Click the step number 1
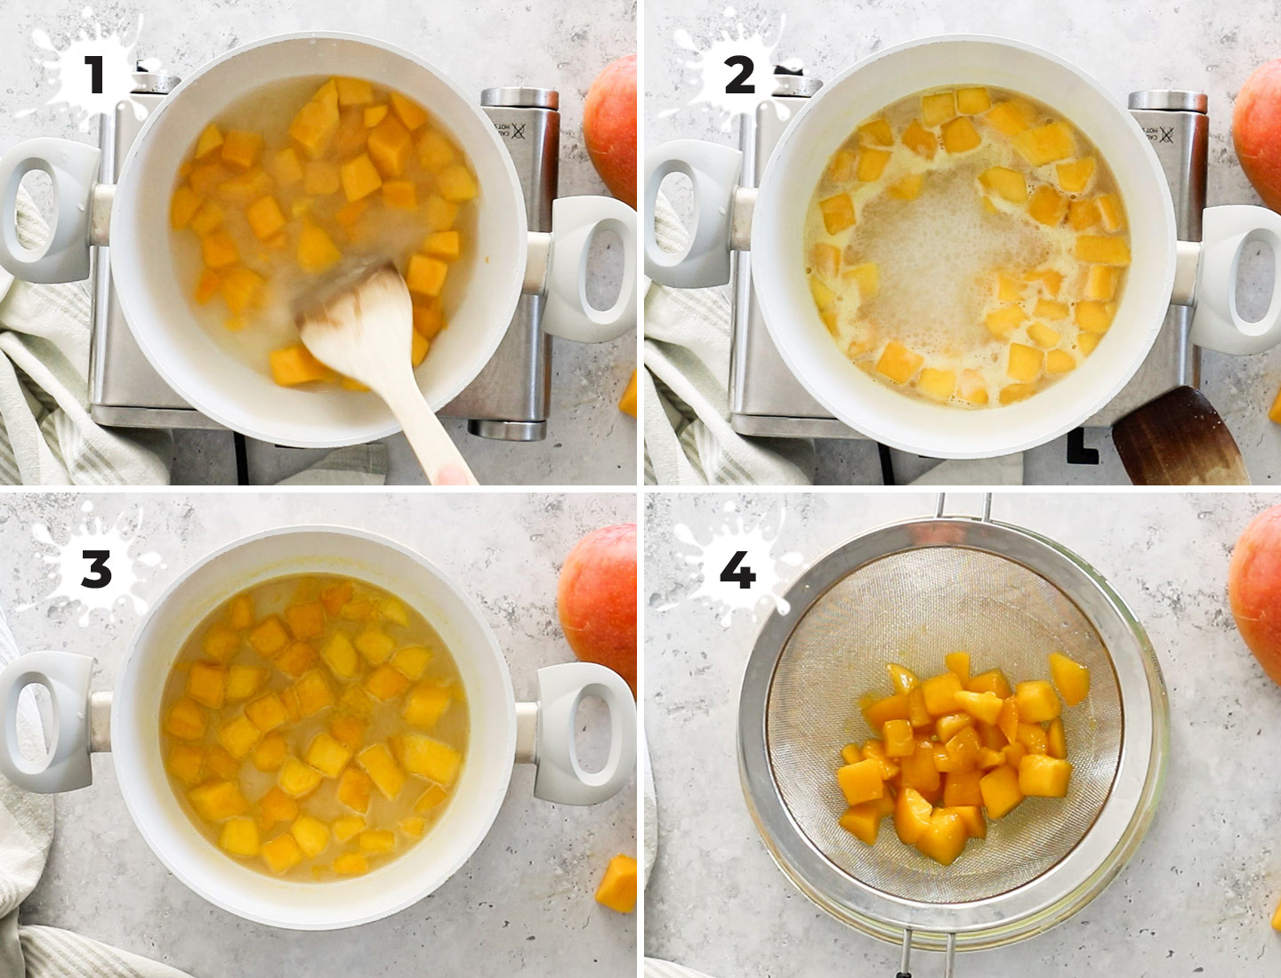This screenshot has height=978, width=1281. (94, 75)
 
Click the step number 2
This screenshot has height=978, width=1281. (738, 75)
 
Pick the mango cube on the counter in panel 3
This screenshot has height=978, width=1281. (617, 882)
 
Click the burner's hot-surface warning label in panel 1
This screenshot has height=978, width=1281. (522, 139)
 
